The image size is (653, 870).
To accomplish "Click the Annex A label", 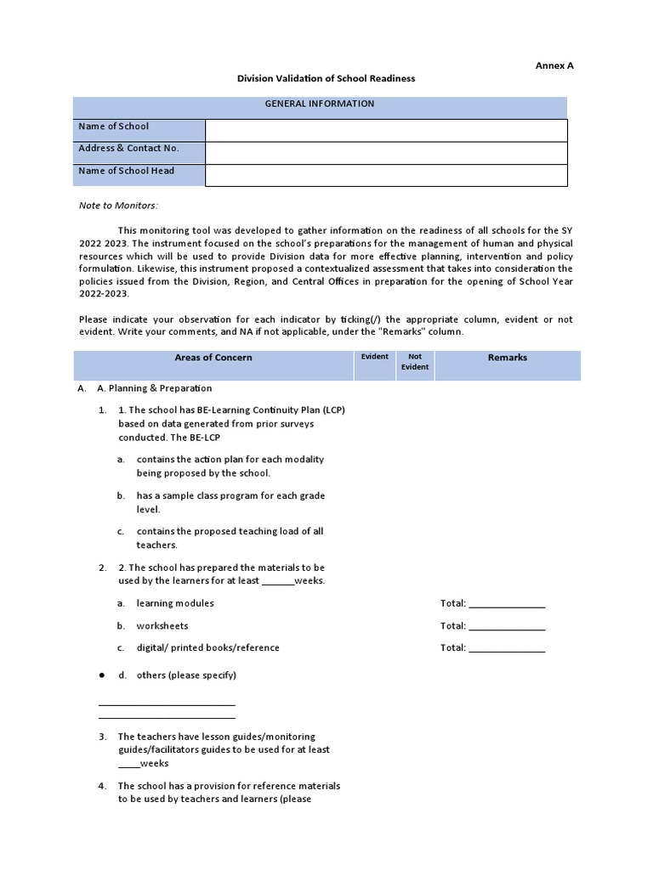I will [x=554, y=65].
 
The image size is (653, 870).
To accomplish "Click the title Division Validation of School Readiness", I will [x=326, y=78].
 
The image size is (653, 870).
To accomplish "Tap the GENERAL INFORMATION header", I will [x=319, y=104].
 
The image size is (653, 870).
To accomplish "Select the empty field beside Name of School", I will [x=386, y=130].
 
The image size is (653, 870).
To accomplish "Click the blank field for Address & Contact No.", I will [x=386, y=152].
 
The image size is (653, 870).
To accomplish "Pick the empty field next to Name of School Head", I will [x=386, y=174].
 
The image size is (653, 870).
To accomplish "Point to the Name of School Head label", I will [x=126, y=171].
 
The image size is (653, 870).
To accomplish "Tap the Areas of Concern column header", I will [x=213, y=358].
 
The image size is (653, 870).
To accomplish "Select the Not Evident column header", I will [x=415, y=362].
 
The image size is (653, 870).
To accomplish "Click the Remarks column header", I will [x=507, y=358].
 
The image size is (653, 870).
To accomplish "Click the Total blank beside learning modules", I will [x=507, y=604].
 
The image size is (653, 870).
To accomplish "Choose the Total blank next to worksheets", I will [x=507, y=626].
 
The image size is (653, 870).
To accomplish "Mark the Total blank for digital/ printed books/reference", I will [x=507, y=648].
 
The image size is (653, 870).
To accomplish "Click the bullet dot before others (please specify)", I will [x=101, y=675].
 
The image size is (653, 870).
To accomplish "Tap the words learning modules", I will [x=175, y=603].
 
